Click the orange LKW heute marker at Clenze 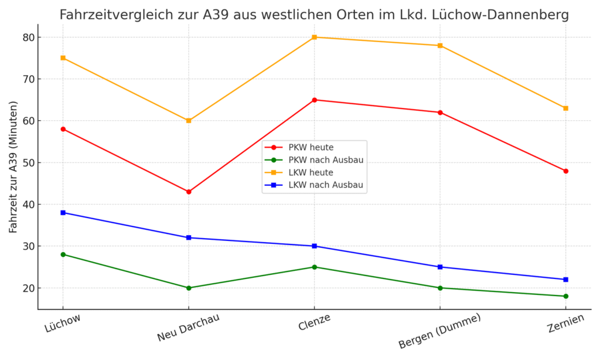(x=314, y=37)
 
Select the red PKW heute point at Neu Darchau (x=189, y=192)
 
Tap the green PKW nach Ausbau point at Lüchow (x=63, y=254)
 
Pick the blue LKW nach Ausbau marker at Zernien (x=565, y=279)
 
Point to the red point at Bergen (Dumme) (x=440, y=112)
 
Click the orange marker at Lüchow (x=63, y=58)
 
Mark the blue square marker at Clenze (x=314, y=246)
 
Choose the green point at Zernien (x=565, y=296)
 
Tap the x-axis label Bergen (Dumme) (x=439, y=331)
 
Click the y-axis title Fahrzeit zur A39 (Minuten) (x=13, y=167)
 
